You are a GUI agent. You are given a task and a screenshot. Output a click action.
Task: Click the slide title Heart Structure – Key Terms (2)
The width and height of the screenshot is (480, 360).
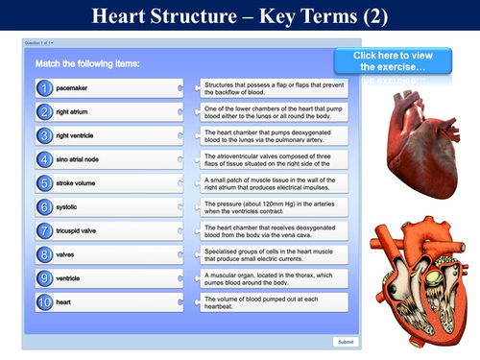(x=240, y=16)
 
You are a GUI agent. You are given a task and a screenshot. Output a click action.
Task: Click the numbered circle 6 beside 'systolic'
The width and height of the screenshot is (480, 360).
(x=45, y=206)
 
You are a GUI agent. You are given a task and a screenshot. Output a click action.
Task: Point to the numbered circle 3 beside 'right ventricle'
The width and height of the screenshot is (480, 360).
(x=45, y=135)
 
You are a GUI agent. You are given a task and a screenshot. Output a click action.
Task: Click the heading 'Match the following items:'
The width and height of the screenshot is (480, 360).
(x=87, y=63)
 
